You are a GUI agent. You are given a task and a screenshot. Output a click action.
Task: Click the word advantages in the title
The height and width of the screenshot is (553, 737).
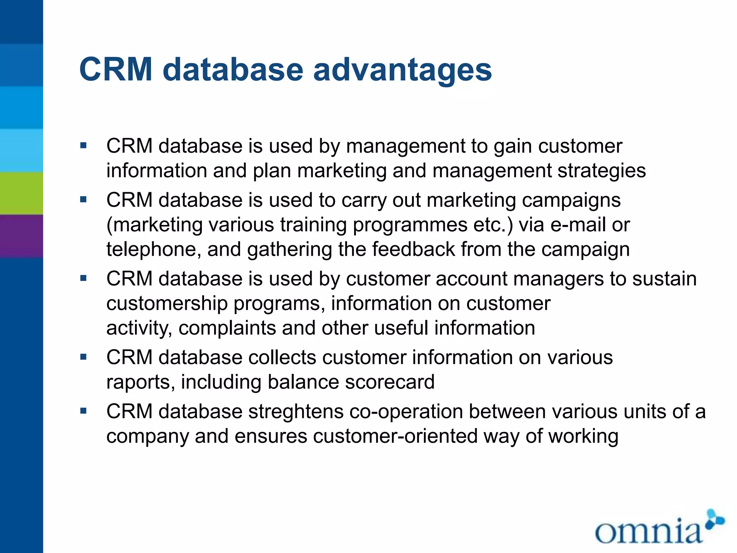[x=402, y=70]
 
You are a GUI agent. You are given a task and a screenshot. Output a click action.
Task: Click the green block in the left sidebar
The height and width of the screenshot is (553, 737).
[x=21, y=193]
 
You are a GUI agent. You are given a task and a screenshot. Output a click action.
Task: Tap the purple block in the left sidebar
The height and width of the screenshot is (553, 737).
[x=21, y=236]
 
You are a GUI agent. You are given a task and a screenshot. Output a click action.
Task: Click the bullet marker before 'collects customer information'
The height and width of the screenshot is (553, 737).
[x=83, y=357]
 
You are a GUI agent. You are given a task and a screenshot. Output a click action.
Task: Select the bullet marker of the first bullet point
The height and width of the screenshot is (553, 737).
[x=83, y=146]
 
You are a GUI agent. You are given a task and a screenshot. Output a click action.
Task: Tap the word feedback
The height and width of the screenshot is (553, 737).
[x=413, y=249]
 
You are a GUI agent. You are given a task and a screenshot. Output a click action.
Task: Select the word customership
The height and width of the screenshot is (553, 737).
[x=167, y=304]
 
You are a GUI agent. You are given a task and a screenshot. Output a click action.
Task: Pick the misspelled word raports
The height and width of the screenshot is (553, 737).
[x=141, y=382]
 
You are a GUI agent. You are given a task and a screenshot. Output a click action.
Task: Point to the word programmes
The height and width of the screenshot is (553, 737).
[x=410, y=225]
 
